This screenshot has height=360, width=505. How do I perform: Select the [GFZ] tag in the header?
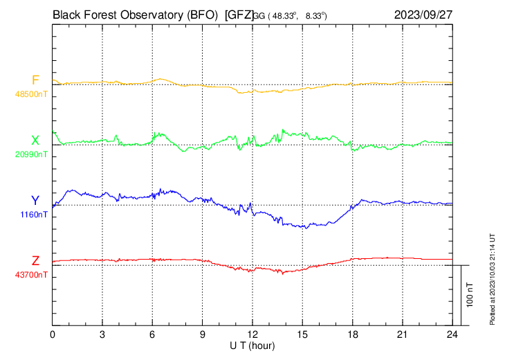pos(239,14)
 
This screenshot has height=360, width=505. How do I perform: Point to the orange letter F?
pos(35,80)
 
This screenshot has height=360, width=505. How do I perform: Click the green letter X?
pos(35,141)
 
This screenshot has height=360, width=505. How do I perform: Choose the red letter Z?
pos(35,261)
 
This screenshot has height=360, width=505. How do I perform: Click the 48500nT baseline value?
pos(31,94)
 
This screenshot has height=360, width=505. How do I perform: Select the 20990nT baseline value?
pos(31,154)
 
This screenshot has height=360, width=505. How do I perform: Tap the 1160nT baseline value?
pos(33,215)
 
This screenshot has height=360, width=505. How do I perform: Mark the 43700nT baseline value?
pos(31,275)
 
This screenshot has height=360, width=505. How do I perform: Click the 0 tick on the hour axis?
pos(53,334)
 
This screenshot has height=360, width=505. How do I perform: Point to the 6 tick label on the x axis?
pos(152,334)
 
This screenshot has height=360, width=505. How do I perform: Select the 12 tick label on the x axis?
pos(252,334)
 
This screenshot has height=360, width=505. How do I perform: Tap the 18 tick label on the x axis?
pos(352,334)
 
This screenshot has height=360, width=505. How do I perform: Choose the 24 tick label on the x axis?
pos(452,334)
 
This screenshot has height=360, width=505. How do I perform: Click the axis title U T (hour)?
pos(252,345)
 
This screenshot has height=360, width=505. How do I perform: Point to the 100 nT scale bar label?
pos(470,294)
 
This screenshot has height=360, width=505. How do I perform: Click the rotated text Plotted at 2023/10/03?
pos(493,277)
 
